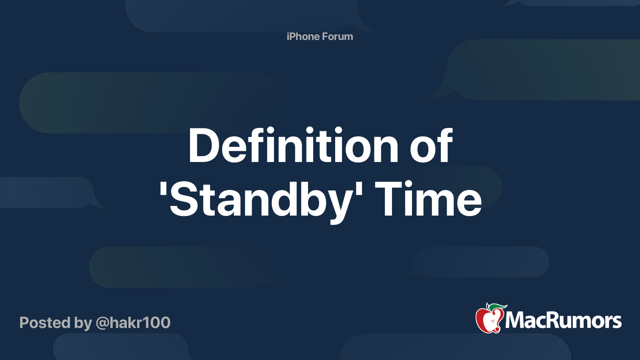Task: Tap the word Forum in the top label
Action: click(338, 36)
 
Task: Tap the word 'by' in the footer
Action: click(83, 323)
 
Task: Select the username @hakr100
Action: click(133, 322)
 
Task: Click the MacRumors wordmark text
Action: click(563, 320)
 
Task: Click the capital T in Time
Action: click(388, 198)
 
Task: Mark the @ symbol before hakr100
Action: click(102, 323)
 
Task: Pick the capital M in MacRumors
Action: click(516, 320)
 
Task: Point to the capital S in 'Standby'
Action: click(184, 199)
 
